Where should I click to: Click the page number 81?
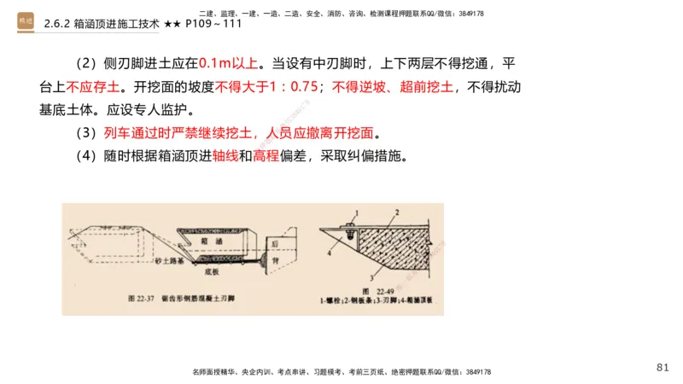(x=663, y=367)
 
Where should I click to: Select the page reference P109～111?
(x=213, y=23)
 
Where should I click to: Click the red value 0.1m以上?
(x=231, y=64)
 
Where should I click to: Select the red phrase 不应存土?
(x=93, y=87)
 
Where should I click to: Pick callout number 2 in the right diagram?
(x=397, y=211)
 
